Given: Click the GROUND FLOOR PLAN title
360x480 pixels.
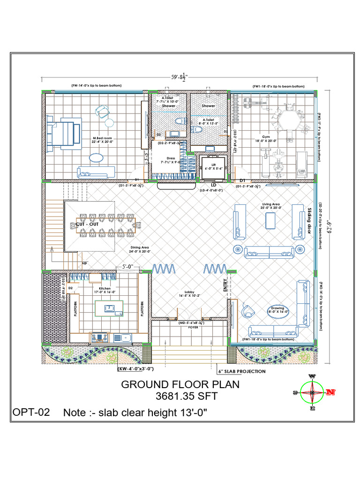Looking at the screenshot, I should (x=180, y=384).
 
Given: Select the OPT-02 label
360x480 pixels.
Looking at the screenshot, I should (x=31, y=412).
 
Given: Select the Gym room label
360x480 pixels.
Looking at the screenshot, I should (x=266, y=137).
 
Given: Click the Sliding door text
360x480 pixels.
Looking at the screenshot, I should (x=309, y=221).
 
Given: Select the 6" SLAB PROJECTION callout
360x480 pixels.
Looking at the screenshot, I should (x=242, y=371).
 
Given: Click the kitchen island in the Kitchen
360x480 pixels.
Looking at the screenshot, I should (x=109, y=308).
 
